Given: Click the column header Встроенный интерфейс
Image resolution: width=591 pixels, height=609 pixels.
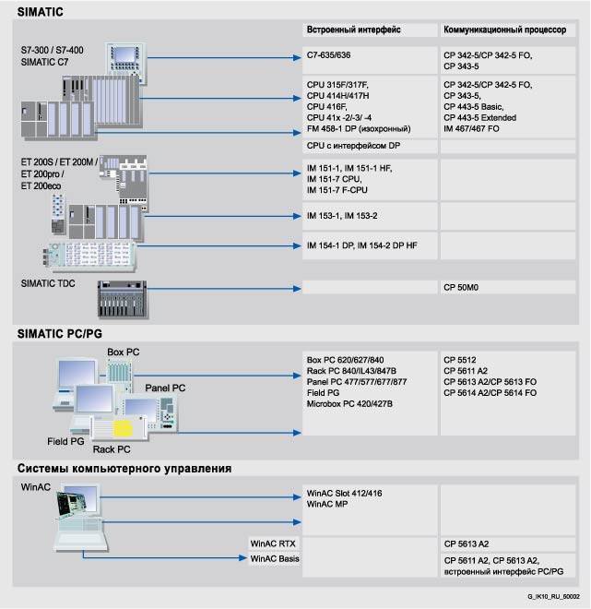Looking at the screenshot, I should [353, 30].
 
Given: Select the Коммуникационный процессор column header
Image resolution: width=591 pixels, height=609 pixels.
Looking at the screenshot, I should [504, 30].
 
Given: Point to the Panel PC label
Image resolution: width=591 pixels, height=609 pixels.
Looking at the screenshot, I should [165, 388].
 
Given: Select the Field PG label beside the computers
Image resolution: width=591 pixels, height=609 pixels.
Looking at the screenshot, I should [67, 442].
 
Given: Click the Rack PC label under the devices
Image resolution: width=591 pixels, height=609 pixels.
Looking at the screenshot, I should [112, 449].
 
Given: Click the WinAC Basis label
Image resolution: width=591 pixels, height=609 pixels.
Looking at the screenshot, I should [275, 559].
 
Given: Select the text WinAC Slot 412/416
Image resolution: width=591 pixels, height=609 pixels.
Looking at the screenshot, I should [344, 494].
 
